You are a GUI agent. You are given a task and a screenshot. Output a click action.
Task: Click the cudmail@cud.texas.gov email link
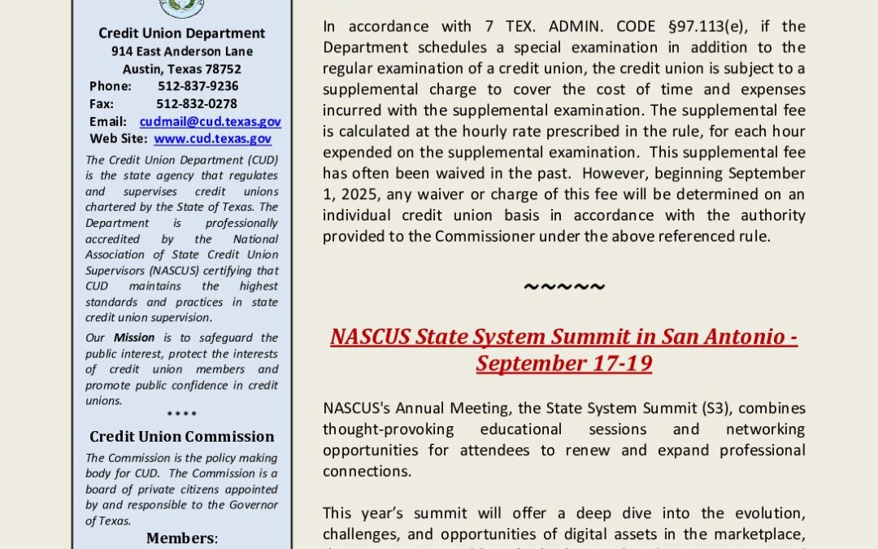click(210, 121)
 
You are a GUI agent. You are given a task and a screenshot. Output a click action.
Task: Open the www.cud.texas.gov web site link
click(212, 139)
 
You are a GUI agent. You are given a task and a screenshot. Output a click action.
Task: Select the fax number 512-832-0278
click(197, 103)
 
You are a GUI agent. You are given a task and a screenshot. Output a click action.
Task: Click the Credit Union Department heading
click(182, 33)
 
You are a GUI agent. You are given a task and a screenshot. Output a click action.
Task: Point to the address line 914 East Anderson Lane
click(182, 51)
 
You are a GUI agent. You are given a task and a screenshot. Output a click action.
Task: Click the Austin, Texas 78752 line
click(182, 69)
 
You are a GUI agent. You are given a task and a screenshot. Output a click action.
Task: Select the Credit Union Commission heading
click(182, 437)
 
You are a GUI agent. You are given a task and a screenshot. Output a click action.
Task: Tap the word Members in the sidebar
click(180, 538)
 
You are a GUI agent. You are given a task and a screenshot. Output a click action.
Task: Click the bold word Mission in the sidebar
click(134, 338)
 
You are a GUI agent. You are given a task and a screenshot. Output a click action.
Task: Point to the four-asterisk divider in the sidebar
click(182, 415)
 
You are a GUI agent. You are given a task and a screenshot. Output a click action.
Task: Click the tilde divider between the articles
click(564, 286)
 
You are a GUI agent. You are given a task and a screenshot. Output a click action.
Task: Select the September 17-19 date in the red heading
click(564, 362)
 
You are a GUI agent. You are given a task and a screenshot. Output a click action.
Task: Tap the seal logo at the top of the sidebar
click(182, 7)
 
